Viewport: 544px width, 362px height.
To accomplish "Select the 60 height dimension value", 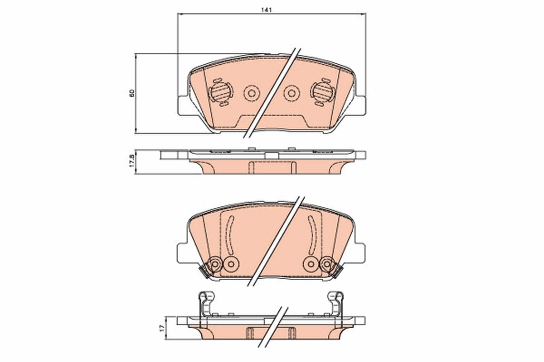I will click(x=132, y=93).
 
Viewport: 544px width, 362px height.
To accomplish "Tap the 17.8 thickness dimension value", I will click(x=132, y=161).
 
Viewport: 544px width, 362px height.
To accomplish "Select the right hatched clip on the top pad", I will click(x=322, y=92).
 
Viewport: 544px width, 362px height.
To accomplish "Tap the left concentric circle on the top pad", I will click(x=251, y=94).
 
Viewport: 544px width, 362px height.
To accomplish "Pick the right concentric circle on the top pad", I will click(x=291, y=94).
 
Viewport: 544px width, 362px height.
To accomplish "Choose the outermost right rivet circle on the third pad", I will click(x=327, y=263).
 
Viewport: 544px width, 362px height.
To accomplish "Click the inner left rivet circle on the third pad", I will click(x=231, y=263).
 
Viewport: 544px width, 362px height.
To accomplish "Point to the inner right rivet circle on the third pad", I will click(x=311, y=263).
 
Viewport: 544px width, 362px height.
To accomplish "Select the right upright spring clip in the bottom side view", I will click(x=336, y=303).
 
